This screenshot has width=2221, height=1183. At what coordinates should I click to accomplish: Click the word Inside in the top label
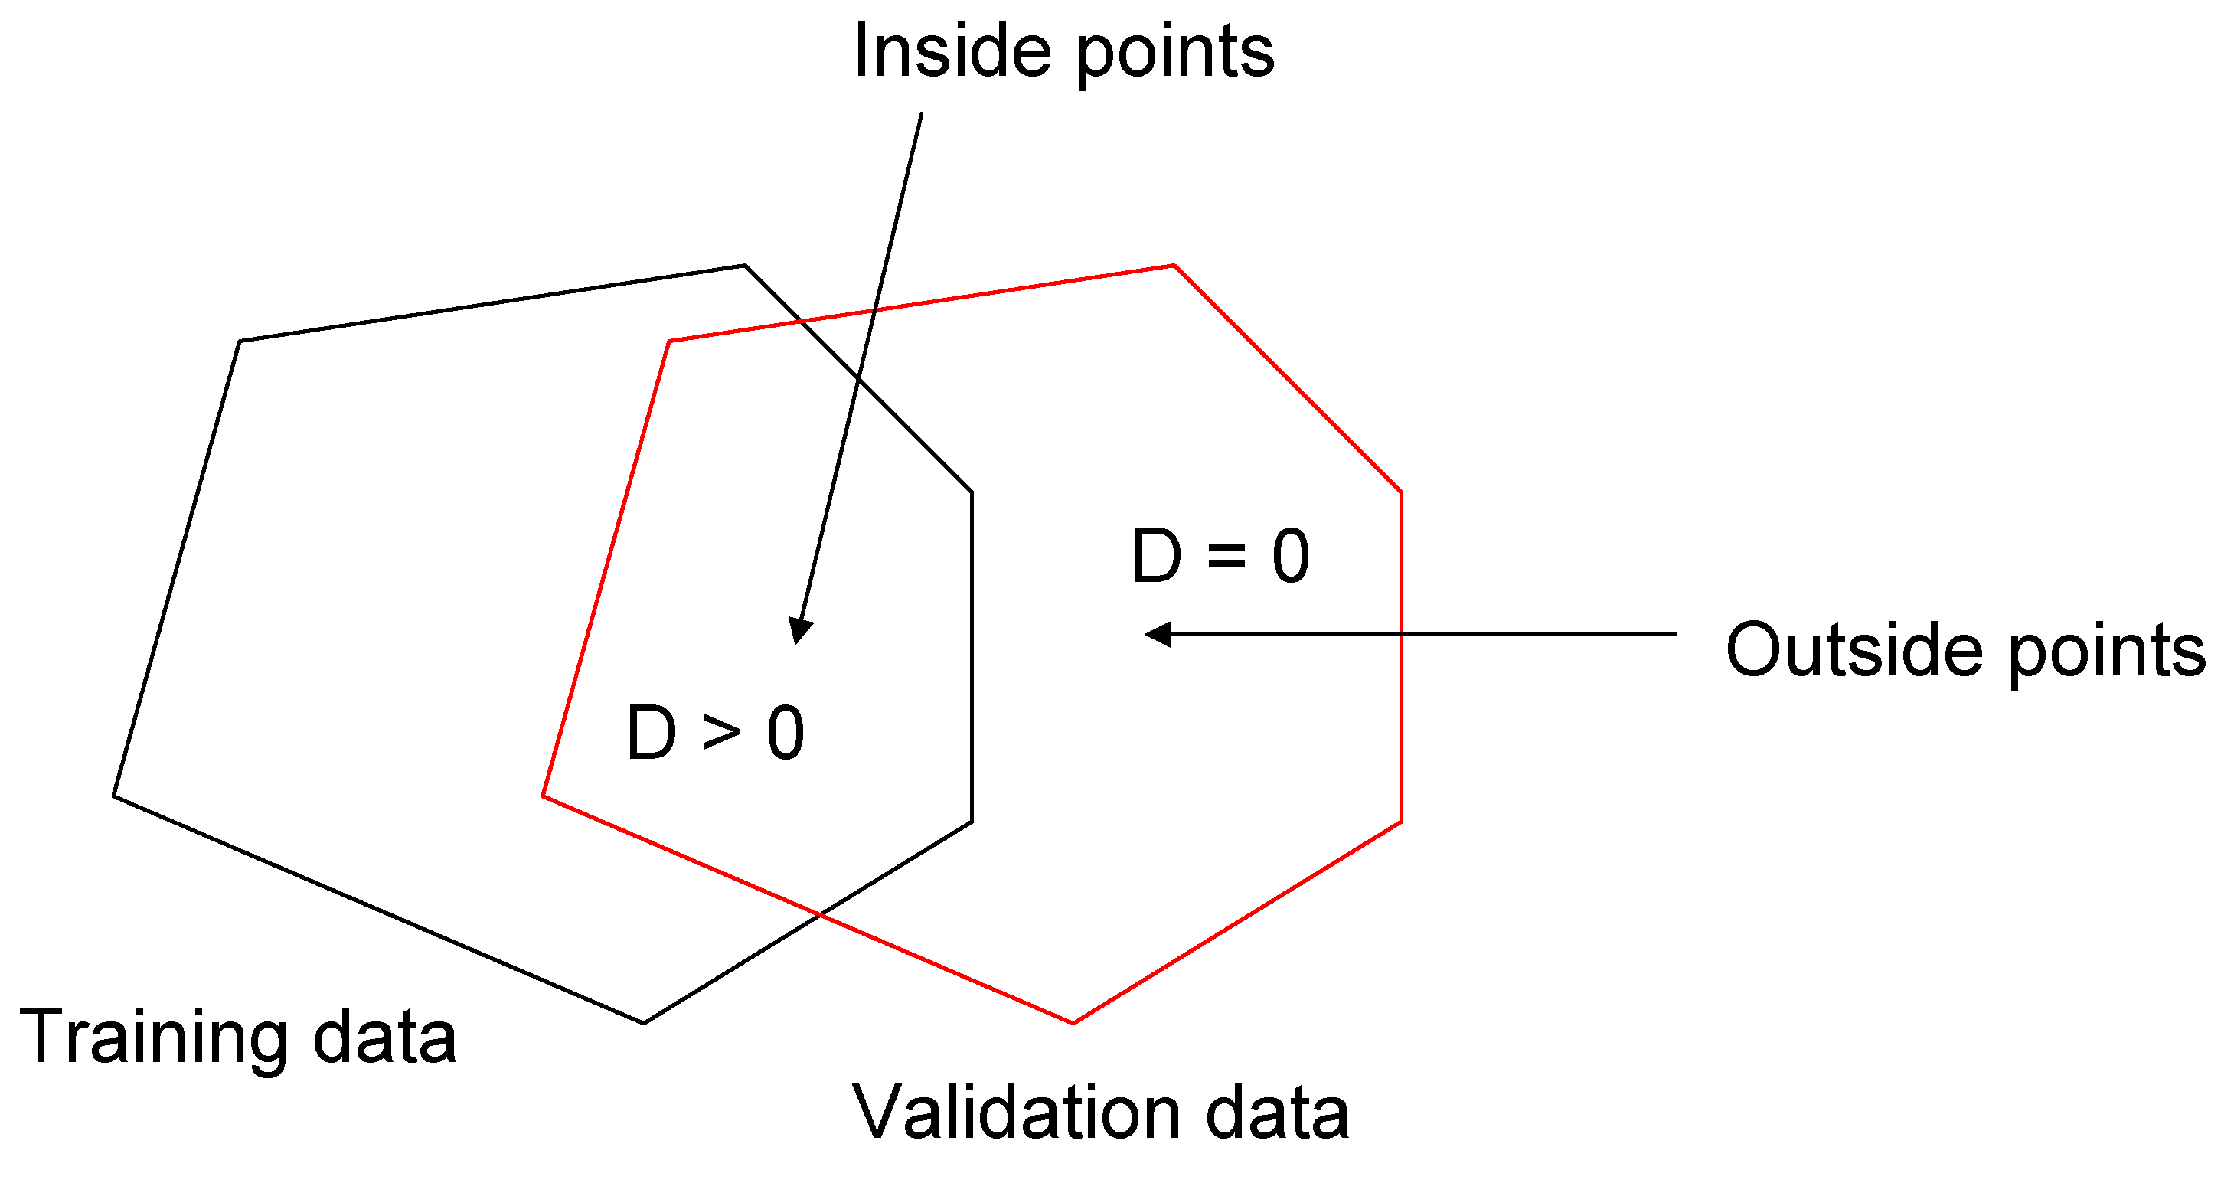(x=952, y=52)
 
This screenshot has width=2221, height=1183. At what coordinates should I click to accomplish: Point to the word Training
(x=153, y=1038)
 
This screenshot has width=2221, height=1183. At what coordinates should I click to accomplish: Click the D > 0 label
(x=715, y=733)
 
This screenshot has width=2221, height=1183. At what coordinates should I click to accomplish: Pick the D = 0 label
(x=1220, y=556)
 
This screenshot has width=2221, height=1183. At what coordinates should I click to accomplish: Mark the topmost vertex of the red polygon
(x=1174, y=266)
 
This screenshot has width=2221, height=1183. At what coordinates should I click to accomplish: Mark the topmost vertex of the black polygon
(x=745, y=266)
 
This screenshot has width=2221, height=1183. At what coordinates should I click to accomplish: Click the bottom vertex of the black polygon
(x=644, y=1024)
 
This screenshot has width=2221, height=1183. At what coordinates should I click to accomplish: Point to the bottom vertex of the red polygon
(x=1073, y=1024)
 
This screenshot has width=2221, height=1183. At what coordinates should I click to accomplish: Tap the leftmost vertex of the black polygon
(x=114, y=796)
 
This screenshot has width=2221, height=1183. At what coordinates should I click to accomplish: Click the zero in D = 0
(x=1291, y=556)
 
